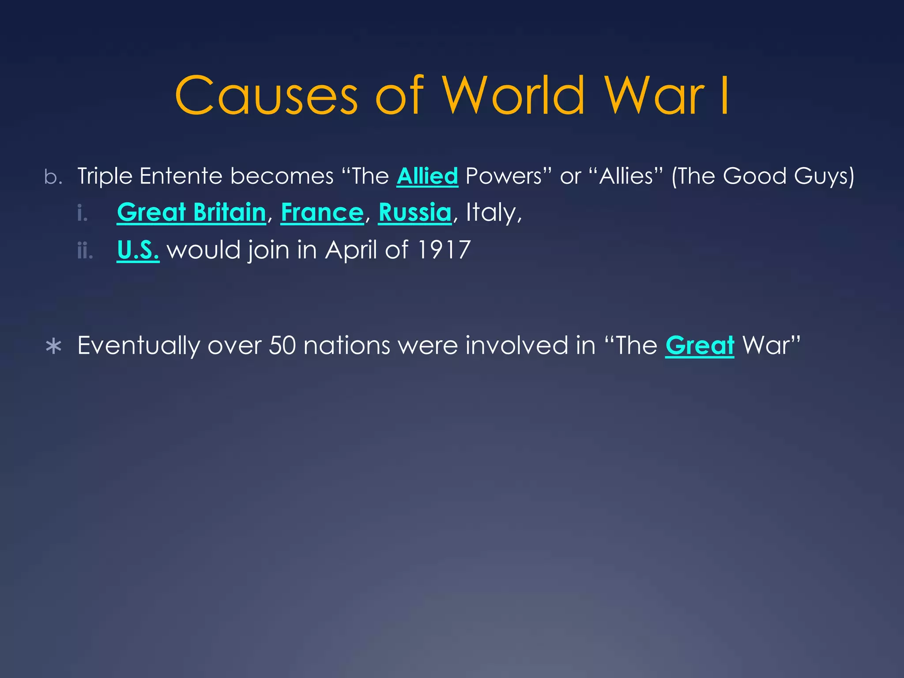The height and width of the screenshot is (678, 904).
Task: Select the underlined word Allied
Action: pos(427,176)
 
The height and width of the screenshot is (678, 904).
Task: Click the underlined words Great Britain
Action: pos(192,213)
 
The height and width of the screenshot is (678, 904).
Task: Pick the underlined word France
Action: pos(322,213)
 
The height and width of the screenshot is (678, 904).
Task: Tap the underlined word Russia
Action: pos(415,213)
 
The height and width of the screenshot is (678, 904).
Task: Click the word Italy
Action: pos(491,213)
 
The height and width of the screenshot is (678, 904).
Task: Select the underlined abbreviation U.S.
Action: pos(138,250)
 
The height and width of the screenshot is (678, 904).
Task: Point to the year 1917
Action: pos(444,250)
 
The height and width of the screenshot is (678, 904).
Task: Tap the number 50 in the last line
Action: pos(282,345)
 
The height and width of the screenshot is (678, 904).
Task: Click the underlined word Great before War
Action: pos(700,345)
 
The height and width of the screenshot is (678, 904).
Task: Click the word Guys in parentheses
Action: pos(824,176)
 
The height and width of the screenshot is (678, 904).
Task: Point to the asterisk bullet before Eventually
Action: pos(53,347)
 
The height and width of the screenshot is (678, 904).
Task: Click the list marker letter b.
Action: pos(53,177)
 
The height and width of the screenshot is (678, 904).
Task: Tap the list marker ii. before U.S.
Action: pos(85,251)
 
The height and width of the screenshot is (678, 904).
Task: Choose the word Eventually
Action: pos(139,345)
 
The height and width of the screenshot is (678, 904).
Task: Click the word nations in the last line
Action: pos(347,345)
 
